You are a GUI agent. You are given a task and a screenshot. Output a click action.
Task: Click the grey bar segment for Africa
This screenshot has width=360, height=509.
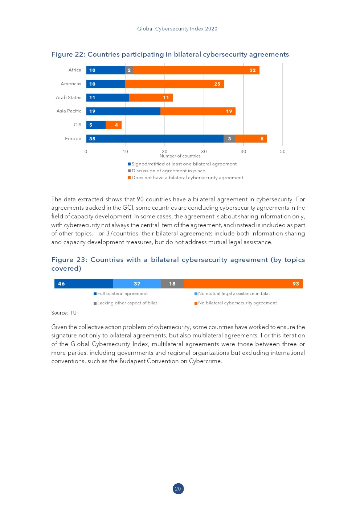pyautogui.click(x=129, y=70)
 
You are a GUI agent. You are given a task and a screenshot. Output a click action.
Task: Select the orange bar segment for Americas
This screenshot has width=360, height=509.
pyautogui.click(x=174, y=84)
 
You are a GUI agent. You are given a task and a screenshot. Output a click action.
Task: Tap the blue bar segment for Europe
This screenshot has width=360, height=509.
pyautogui.click(x=155, y=139)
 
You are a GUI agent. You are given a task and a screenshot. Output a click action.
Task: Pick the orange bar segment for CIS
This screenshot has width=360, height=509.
pyautogui.click(x=113, y=125)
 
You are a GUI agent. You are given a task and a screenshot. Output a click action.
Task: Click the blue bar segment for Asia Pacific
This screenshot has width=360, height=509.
pyautogui.click(x=123, y=111)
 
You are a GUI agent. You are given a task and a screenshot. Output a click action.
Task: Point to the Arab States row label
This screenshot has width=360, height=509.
pyautogui.click(x=69, y=98)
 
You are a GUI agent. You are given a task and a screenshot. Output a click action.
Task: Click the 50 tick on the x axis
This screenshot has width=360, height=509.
pyautogui.click(x=282, y=152)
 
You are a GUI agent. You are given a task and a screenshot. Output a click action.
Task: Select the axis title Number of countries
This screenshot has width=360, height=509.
pyautogui.click(x=180, y=156)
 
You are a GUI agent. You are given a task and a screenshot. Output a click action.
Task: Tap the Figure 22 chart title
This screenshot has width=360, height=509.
pyautogui.click(x=170, y=54)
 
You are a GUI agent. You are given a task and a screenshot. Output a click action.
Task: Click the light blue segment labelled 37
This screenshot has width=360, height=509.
pyautogui.click(x=137, y=284)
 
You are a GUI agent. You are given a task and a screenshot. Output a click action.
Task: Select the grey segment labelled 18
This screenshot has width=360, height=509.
pyautogui.click(x=172, y=284)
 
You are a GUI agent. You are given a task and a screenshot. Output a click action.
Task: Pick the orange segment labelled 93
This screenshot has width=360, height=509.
pyautogui.click(x=243, y=284)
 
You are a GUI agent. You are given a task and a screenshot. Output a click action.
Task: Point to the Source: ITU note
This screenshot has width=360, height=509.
pyautogui.click(x=64, y=313)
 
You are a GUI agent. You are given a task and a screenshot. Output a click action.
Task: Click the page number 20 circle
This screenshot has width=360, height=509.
pyautogui.click(x=178, y=489)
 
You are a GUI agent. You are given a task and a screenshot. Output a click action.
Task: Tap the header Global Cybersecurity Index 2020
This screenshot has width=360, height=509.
pyautogui.click(x=177, y=29)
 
